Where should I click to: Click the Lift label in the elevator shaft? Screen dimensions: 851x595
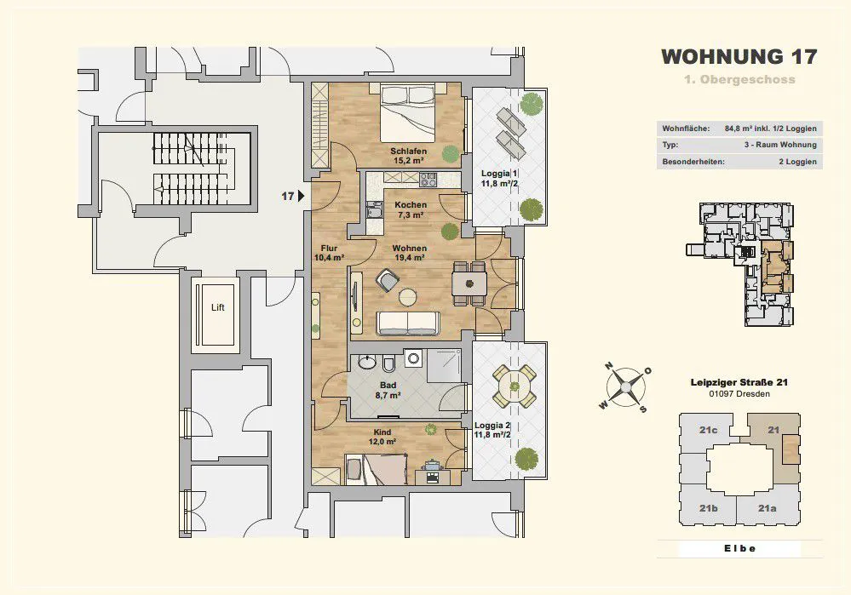[217, 307]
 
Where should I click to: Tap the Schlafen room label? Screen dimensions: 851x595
[408, 152]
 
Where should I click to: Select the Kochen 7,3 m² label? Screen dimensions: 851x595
[411, 210]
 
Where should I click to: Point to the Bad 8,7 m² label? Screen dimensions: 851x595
[388, 391]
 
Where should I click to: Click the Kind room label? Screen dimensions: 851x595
[382, 432]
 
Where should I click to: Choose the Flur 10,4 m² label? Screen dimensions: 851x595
[329, 254]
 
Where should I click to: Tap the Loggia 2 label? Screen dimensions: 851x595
[493, 426]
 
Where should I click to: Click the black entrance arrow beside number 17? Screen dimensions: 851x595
[301, 196]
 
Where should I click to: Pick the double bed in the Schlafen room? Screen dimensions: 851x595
[407, 112]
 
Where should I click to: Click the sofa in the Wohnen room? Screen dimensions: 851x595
[409, 323]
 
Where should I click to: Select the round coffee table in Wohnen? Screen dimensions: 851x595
[407, 297]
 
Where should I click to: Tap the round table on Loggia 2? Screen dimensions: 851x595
[514, 386]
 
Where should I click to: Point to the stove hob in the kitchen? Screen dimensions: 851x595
[428, 180]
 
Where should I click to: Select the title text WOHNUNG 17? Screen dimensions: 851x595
[739, 56]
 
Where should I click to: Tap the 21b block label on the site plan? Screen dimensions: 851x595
[708, 508]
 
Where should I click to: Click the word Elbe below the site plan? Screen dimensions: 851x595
[739, 548]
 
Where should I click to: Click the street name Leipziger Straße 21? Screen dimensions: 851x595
[739, 382]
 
